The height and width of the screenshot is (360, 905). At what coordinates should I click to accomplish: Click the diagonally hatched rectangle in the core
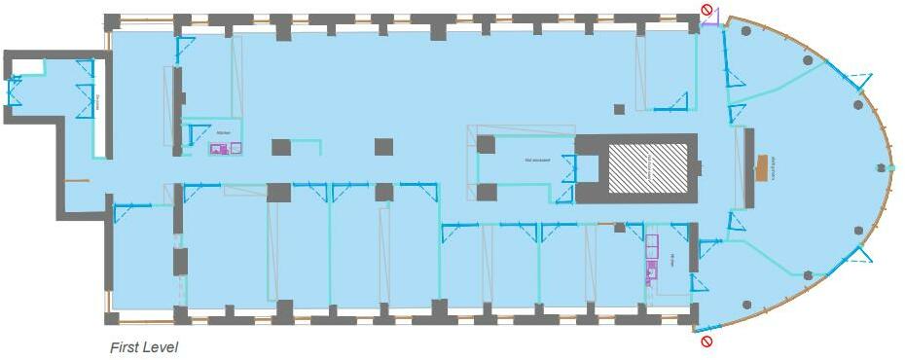[x=647, y=167]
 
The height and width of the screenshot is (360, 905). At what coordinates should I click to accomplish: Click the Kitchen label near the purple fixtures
[x=224, y=132]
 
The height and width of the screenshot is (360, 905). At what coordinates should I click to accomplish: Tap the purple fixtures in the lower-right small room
[x=651, y=260]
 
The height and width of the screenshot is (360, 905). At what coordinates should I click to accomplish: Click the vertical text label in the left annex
[x=98, y=101]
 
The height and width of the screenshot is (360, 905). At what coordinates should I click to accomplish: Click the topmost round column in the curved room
[x=746, y=32]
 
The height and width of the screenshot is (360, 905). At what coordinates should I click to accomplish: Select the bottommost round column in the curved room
[x=746, y=304]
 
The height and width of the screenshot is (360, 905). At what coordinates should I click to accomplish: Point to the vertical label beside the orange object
[x=775, y=167]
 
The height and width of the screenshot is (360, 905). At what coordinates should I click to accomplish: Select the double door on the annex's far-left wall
[x=14, y=90]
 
